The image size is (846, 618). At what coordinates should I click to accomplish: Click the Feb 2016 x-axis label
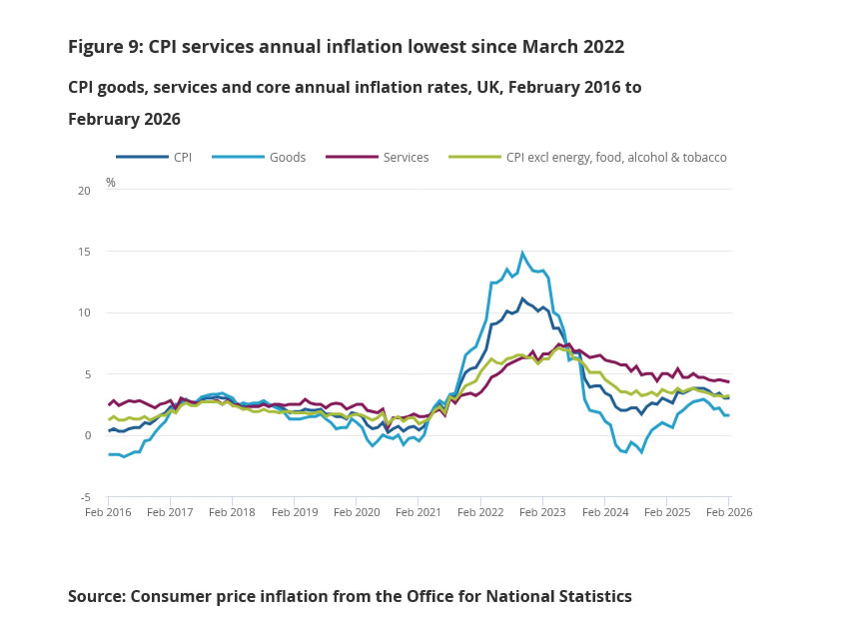109,512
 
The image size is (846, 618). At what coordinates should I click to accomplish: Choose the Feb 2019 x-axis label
295,512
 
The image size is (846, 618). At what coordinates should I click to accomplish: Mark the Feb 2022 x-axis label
480,512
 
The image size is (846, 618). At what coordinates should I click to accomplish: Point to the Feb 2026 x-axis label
728,512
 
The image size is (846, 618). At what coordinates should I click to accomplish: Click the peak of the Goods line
522,253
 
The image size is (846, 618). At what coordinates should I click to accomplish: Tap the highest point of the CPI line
521,298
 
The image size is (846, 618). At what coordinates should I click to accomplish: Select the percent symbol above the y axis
111,183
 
